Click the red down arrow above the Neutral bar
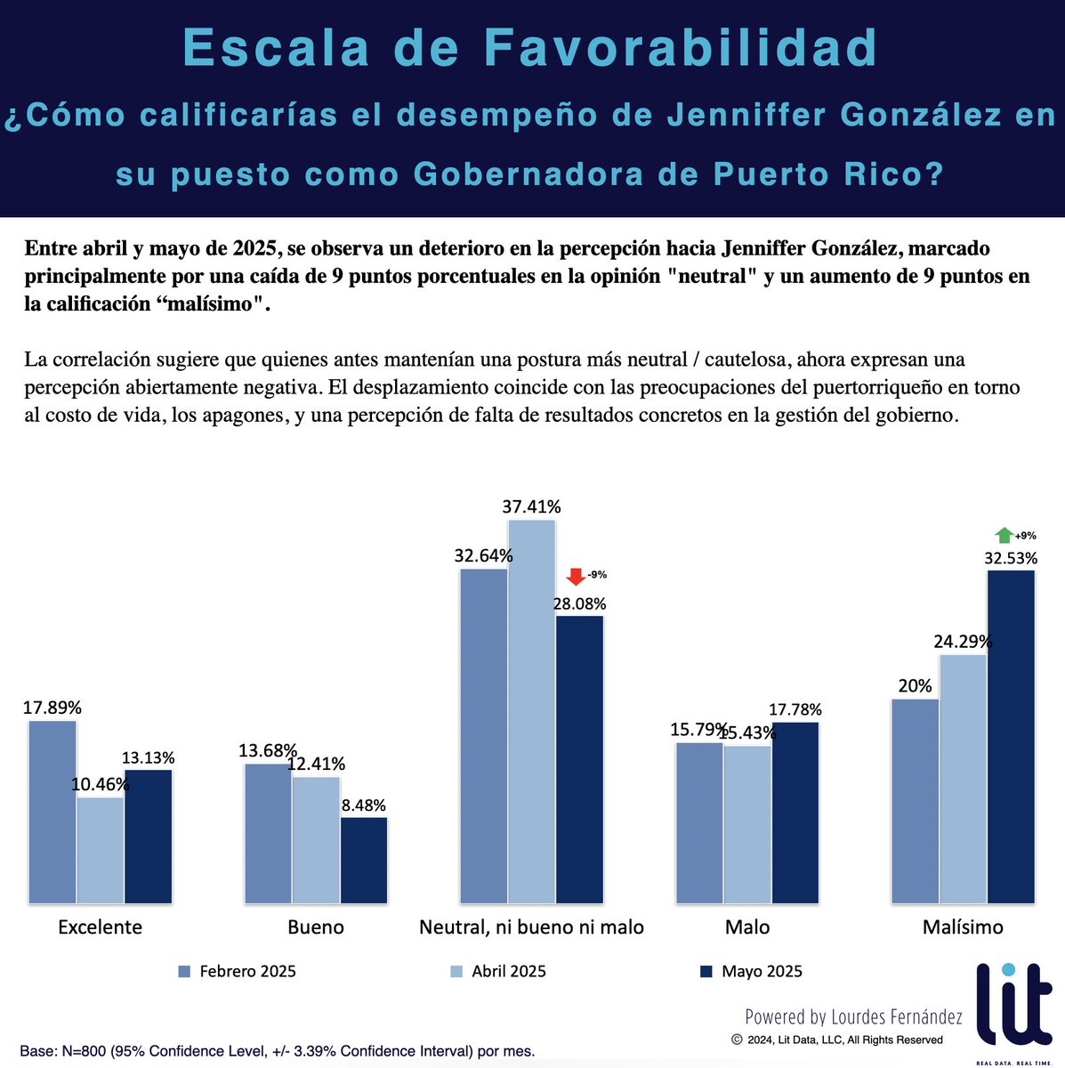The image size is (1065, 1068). click(x=576, y=576)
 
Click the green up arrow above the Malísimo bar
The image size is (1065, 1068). click(x=1004, y=535)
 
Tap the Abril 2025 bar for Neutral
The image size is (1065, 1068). click(x=532, y=712)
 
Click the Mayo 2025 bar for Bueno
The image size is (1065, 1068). click(x=364, y=860)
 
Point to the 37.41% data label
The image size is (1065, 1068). click(x=531, y=506)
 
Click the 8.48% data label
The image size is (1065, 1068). click(x=363, y=805)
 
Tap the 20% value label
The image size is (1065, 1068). click(x=915, y=686)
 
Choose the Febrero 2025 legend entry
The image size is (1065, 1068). click(x=238, y=971)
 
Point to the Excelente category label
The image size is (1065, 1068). click(x=100, y=926)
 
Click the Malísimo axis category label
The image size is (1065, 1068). click(x=963, y=926)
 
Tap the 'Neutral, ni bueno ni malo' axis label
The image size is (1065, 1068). click(x=531, y=926)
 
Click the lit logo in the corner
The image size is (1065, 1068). click(x=1014, y=1006)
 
